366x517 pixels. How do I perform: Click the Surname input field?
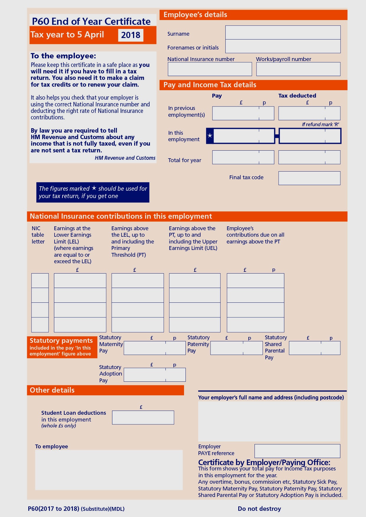click(283, 32)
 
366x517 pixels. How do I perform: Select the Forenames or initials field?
click(283, 46)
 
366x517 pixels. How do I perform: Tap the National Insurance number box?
click(210, 69)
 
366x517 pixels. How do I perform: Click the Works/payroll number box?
click(298, 69)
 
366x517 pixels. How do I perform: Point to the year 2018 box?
click(131, 35)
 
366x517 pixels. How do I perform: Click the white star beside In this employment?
click(210, 136)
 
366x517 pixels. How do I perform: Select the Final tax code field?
click(309, 178)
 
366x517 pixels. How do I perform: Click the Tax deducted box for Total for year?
click(309, 157)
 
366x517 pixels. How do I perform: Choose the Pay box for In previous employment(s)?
click(243, 113)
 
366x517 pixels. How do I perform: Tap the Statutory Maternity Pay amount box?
click(155, 348)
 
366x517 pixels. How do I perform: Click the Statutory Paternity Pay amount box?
click(236, 348)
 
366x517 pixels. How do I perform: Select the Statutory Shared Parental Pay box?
click(314, 348)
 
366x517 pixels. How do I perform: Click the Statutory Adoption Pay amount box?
click(155, 375)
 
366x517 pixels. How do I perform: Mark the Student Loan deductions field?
click(143, 417)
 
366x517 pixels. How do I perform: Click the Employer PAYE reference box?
click(297, 451)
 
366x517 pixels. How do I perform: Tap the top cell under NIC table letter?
click(40, 281)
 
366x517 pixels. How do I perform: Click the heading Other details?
click(52, 390)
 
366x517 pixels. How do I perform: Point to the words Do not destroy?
click(259, 509)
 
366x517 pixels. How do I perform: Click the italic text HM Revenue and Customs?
click(125, 158)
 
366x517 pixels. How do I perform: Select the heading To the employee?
click(63, 56)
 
